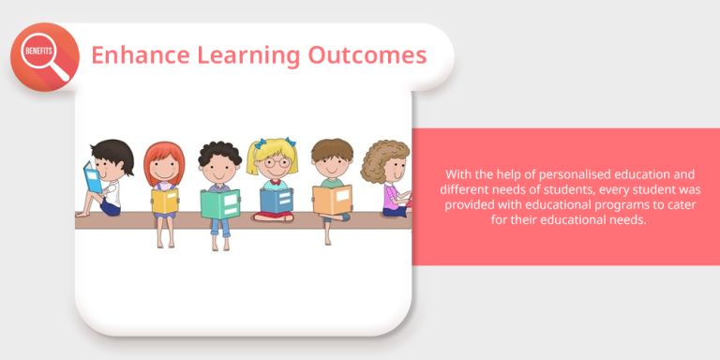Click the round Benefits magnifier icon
pos(43,56)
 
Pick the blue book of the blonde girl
pos(276,200)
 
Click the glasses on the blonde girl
pos(272,162)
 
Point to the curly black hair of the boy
pos(219,151)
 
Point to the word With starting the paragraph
pos(458,174)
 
